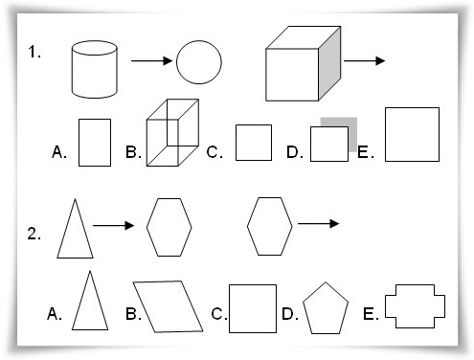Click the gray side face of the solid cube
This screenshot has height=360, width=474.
click(x=329, y=64)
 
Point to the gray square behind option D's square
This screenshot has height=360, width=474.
click(x=352, y=134)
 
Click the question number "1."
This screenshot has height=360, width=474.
click(x=34, y=52)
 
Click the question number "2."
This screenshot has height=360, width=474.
click(x=34, y=234)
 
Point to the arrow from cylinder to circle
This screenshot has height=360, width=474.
click(x=152, y=60)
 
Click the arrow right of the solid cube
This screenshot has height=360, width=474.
click(x=365, y=60)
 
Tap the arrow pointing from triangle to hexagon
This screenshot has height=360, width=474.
click(x=114, y=226)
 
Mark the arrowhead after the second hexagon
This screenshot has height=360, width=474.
click(x=334, y=224)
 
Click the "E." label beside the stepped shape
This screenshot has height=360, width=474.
click(x=371, y=314)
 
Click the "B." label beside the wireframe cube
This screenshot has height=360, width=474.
click(x=133, y=152)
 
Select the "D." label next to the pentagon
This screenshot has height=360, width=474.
click(x=290, y=314)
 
